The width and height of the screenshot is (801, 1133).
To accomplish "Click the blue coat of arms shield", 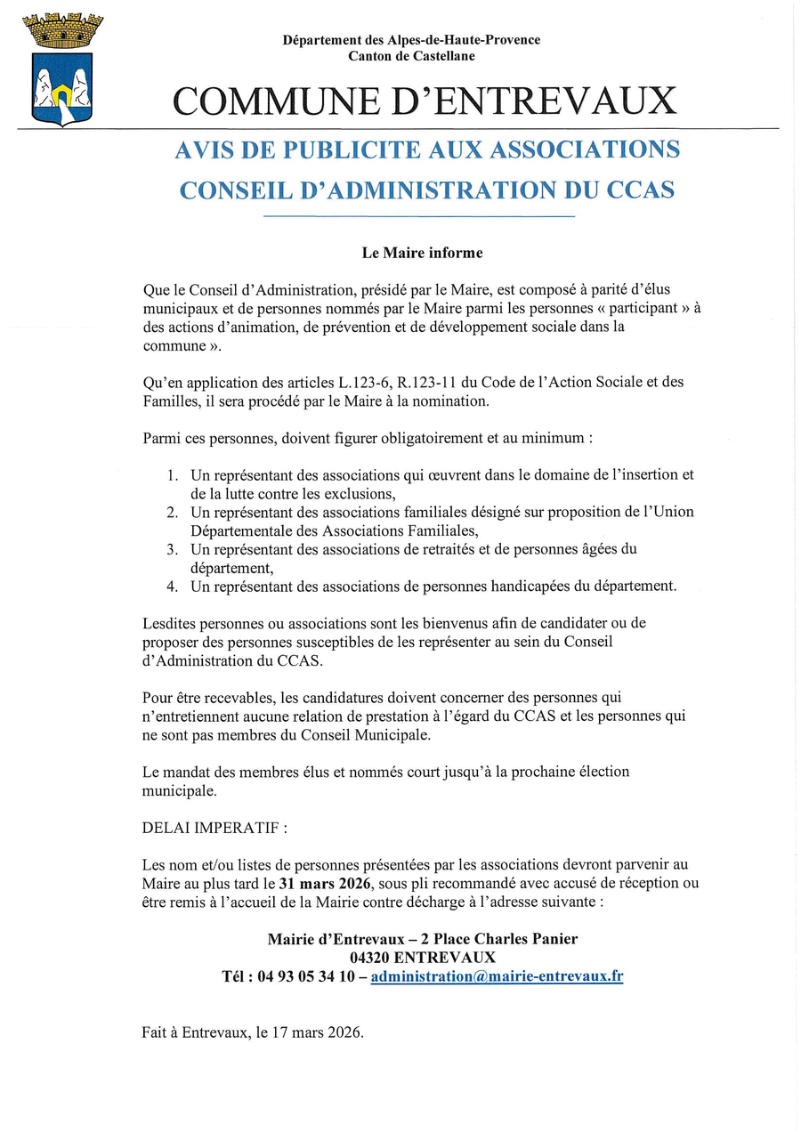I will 62,88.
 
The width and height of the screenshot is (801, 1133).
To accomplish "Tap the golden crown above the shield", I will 62,29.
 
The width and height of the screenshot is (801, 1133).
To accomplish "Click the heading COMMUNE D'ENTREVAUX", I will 425,101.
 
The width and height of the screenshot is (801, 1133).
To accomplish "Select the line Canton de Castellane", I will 411,56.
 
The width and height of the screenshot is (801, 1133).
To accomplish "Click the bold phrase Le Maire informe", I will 422,253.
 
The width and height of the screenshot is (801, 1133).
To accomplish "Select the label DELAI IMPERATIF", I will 214,827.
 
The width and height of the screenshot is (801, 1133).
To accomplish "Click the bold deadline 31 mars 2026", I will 329,883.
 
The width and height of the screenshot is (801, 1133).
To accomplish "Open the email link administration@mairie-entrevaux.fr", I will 497,975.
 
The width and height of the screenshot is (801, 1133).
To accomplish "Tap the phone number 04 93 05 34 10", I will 306,975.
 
